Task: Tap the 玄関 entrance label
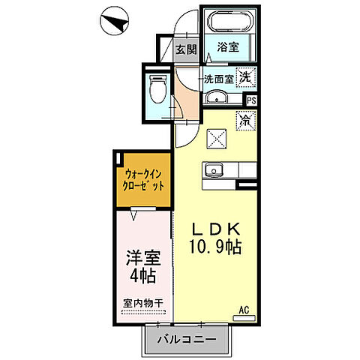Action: point(186,51)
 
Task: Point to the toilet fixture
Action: point(157,88)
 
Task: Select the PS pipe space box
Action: point(252,99)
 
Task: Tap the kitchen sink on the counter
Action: point(216,169)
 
